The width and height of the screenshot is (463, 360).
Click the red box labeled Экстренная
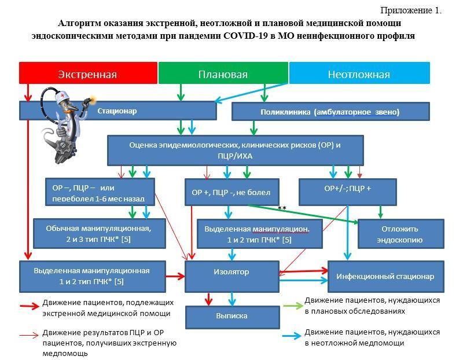click(x=87, y=74)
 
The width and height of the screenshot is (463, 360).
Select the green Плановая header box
click(x=223, y=74)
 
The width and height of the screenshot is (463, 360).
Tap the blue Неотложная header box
click(x=359, y=74)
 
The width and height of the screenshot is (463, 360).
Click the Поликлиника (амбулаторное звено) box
click(x=330, y=112)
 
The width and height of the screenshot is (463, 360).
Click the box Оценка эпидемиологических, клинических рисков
click(x=235, y=150)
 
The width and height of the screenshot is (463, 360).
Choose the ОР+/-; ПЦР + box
click(x=348, y=189)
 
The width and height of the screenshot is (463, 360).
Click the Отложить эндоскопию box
click(x=400, y=234)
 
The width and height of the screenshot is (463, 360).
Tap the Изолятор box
click(x=230, y=271)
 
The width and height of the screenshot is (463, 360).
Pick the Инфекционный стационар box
click(x=385, y=276)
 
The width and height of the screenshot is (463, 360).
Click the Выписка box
click(x=231, y=316)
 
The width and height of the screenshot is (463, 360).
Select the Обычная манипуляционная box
click(x=98, y=233)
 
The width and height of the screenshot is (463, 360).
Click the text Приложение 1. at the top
click(x=410, y=10)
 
